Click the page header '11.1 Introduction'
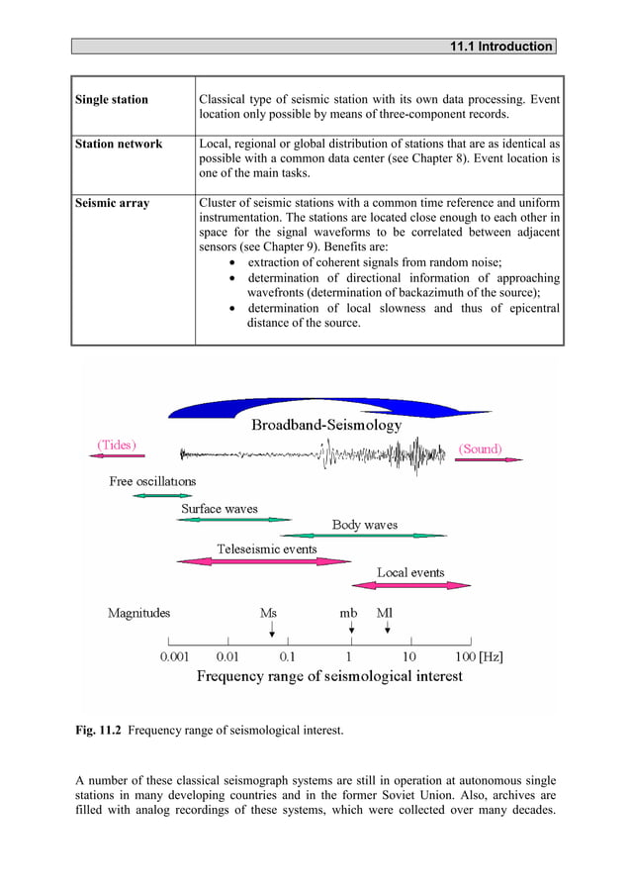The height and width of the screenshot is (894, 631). point(500,47)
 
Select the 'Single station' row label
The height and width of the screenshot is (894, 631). point(112,100)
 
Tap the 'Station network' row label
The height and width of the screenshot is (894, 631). point(119,145)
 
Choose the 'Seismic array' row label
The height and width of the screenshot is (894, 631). point(113,203)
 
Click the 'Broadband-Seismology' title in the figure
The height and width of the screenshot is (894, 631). point(326,426)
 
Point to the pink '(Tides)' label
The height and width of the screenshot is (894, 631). point(117,445)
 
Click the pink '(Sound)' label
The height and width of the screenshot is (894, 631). point(480,448)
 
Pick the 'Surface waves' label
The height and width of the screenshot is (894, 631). point(219,509)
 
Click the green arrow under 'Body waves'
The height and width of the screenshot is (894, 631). point(375,536)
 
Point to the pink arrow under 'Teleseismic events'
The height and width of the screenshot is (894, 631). point(257,561)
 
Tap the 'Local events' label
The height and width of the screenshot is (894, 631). point(410,572)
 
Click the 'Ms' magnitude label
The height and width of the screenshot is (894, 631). point(268,614)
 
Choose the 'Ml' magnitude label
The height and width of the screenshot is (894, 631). point(385,614)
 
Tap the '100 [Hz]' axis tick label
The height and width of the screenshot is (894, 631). point(479,656)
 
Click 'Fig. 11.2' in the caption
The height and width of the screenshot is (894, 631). point(99,731)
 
